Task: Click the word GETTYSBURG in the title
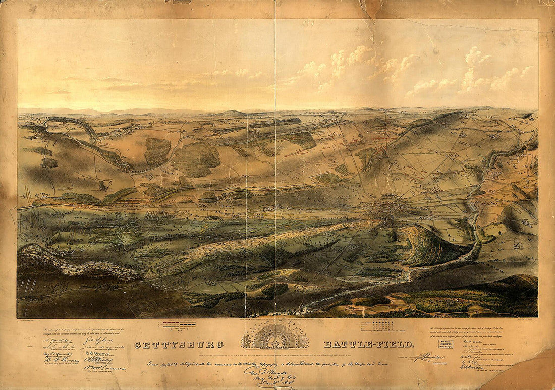179,345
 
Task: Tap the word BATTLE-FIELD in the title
368,345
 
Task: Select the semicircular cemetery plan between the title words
275,337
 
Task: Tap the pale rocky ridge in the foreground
76,262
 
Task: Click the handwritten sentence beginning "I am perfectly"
267,363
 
